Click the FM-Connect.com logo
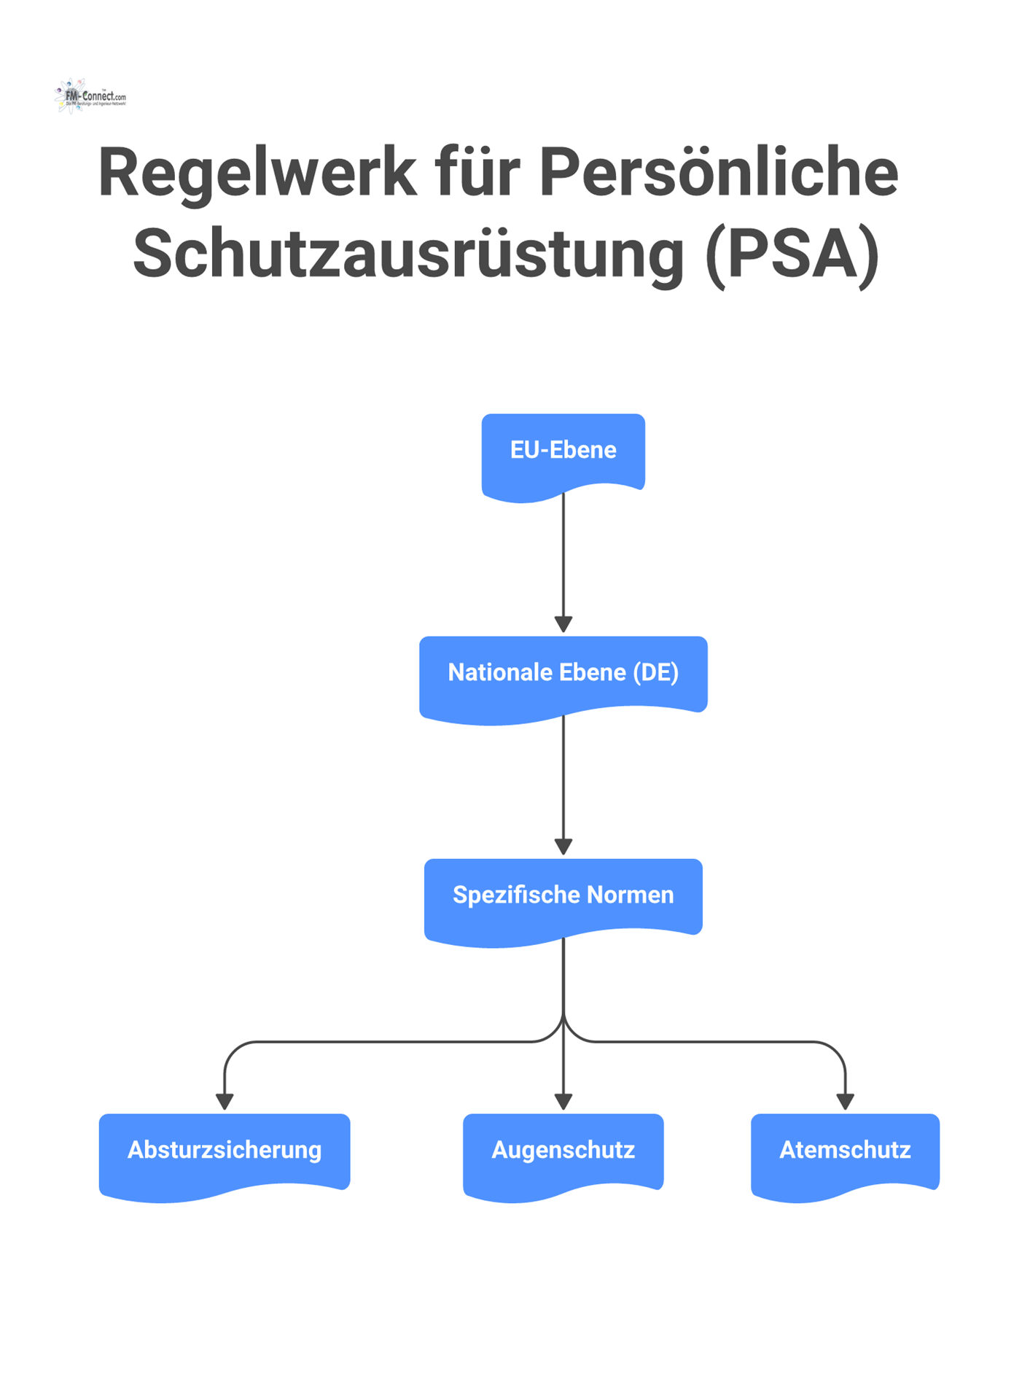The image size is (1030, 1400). point(90,96)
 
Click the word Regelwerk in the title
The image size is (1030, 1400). point(257,173)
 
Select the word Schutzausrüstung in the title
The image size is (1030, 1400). point(408,254)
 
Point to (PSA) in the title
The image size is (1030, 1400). point(792,254)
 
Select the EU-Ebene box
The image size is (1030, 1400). point(563,451)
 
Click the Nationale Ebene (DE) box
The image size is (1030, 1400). point(563,673)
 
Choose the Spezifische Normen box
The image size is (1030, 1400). point(563,895)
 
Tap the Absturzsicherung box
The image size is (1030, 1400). point(225,1151)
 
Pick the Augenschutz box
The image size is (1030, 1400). point(563,1151)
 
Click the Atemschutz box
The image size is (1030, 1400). point(845,1151)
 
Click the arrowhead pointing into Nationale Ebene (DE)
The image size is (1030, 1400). point(563,624)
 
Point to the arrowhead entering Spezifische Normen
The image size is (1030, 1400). point(563,847)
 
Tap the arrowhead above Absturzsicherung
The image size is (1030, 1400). point(225,1101)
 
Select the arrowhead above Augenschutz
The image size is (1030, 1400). point(563,1101)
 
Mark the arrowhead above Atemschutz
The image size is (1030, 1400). point(845,1101)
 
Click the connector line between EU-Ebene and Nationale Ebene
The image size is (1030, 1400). point(563,554)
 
